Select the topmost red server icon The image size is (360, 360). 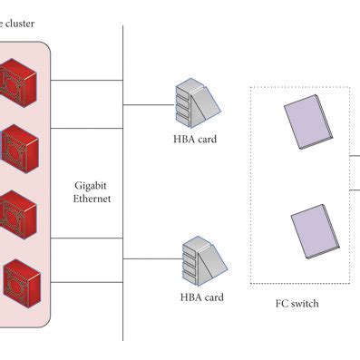click(20, 82)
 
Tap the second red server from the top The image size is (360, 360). click(19, 143)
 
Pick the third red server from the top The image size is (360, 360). click(19, 211)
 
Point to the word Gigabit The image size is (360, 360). click(92, 183)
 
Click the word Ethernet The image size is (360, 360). click(92, 198)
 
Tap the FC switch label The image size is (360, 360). click(297, 304)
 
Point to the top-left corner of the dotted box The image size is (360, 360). click(251, 88)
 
